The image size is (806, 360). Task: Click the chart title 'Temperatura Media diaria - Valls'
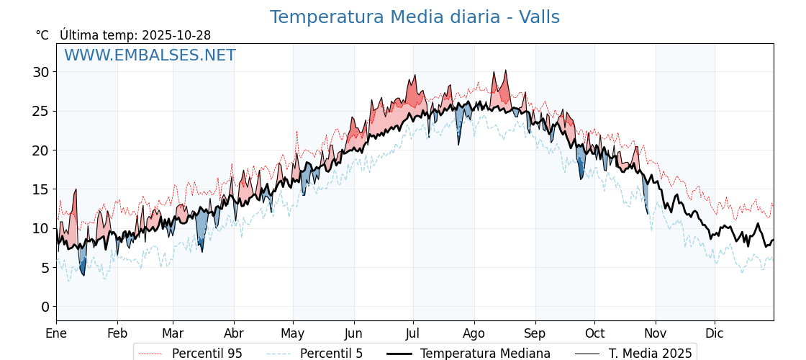pyautogui.click(x=415, y=17)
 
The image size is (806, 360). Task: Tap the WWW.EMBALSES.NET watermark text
pyautogui.click(x=150, y=55)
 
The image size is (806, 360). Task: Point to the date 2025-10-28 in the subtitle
pyautogui.click(x=176, y=35)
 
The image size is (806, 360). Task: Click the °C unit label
pyautogui.click(x=42, y=35)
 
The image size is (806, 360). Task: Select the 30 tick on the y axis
pyautogui.click(x=40, y=72)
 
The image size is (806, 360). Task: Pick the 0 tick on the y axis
pyautogui.click(x=45, y=307)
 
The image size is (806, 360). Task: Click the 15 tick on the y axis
pyautogui.click(x=40, y=189)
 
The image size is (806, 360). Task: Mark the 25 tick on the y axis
pyautogui.click(x=40, y=111)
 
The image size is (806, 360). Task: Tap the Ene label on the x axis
pyautogui.click(x=56, y=334)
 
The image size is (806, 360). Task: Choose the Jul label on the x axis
pyautogui.click(x=413, y=334)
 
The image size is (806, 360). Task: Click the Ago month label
pyautogui.click(x=474, y=334)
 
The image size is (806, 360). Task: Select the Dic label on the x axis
pyautogui.click(x=715, y=334)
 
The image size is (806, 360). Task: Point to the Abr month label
pyautogui.click(x=234, y=334)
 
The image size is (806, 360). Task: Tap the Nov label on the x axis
pyautogui.click(x=655, y=334)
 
